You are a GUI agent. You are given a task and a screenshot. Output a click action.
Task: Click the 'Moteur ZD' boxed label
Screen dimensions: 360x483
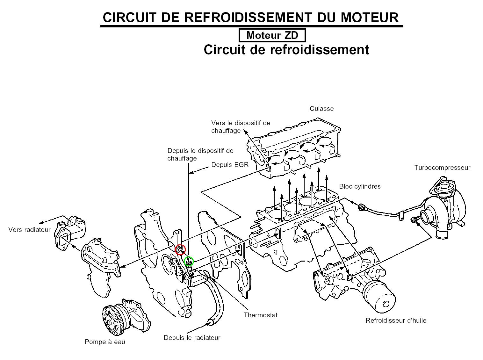point(272,35)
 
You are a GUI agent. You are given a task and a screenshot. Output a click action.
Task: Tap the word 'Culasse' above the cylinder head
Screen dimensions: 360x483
point(321,109)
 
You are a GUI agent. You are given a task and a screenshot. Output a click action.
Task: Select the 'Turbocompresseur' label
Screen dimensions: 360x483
point(442,168)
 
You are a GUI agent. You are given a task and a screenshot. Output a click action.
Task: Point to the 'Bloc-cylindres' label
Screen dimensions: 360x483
point(360,186)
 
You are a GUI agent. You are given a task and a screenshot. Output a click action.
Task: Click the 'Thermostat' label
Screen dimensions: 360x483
point(260,315)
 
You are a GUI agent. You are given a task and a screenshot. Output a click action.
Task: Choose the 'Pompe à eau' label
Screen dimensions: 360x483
point(105,342)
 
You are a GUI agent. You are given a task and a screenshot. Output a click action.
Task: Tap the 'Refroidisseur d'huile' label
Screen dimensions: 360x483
point(396,320)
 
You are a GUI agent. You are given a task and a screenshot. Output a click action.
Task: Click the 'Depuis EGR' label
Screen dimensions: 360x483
point(230,165)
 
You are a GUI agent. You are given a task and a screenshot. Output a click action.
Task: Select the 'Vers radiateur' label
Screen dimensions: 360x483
point(29,230)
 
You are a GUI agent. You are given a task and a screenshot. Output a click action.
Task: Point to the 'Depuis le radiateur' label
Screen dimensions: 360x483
point(192,338)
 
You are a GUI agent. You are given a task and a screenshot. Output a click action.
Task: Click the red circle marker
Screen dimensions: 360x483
point(180,249)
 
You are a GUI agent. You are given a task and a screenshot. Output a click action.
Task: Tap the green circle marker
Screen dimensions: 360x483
point(189,262)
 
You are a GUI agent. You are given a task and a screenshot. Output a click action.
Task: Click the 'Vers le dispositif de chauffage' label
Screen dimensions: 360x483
point(240,127)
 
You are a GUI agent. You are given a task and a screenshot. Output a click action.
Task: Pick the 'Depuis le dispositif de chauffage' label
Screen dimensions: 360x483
point(200,155)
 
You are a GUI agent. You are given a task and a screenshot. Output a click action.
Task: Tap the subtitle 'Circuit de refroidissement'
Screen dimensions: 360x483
point(286,50)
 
